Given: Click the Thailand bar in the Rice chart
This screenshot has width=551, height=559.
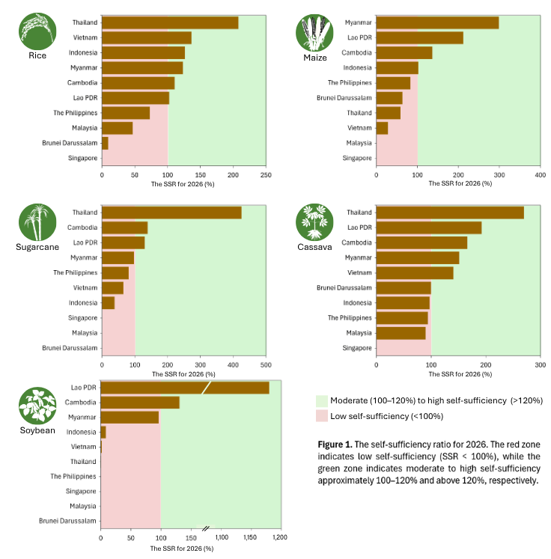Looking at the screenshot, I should (x=170, y=22).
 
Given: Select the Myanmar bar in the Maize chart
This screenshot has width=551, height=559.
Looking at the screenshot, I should (x=437, y=22).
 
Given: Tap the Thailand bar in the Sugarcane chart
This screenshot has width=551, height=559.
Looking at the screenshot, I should (x=171, y=213).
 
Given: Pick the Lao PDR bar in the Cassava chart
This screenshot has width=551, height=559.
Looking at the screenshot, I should (x=428, y=227).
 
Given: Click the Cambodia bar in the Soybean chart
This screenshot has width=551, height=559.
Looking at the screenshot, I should (x=140, y=403).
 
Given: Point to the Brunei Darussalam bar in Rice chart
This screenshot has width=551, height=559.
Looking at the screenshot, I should (x=105, y=143).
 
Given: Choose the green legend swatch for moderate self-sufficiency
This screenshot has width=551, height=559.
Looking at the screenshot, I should (x=322, y=401).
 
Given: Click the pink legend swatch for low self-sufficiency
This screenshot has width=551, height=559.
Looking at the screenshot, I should (x=322, y=415).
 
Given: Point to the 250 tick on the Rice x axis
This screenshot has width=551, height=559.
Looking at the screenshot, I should (x=266, y=175).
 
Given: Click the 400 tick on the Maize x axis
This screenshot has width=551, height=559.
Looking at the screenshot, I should (x=540, y=175).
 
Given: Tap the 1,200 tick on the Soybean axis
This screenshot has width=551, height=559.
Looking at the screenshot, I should (x=280, y=537).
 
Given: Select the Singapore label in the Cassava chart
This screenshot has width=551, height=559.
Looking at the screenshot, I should (x=357, y=348).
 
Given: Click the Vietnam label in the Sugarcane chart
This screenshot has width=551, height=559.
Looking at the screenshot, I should (x=85, y=287).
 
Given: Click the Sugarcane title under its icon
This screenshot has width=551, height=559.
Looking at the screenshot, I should (x=37, y=246).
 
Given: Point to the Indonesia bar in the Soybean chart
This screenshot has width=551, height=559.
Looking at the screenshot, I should (x=103, y=432).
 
